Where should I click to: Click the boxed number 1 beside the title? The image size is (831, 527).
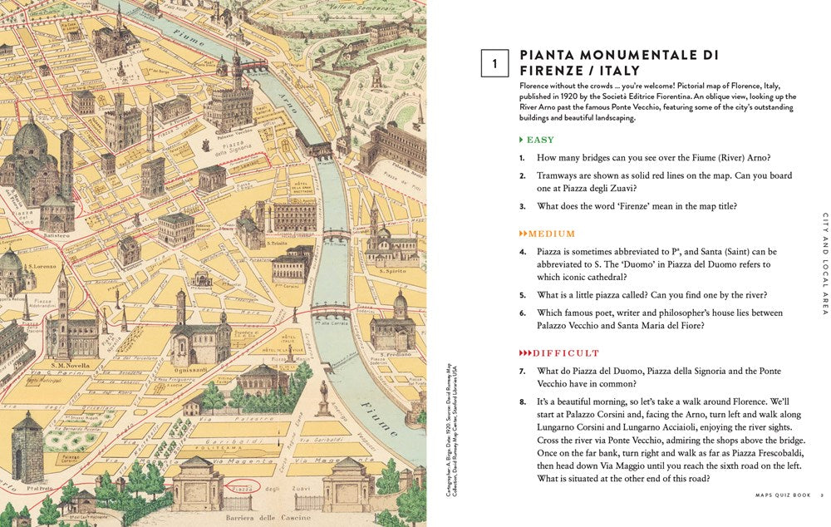pos(494,63)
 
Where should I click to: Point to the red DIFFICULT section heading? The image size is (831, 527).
pos(554,352)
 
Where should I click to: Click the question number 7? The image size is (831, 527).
pos(523,371)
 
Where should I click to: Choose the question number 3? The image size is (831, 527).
pos(523,206)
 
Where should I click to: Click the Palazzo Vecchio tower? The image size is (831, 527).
pos(236,71)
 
